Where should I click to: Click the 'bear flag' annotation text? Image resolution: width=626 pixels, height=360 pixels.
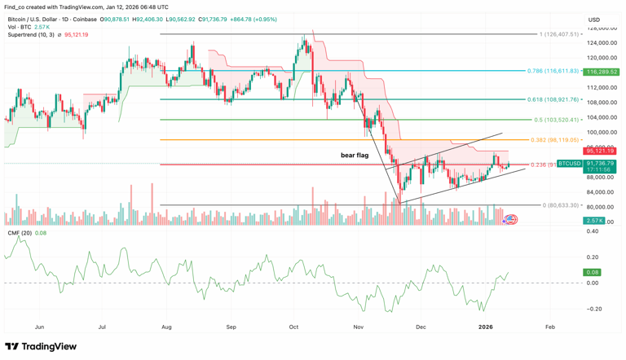355,155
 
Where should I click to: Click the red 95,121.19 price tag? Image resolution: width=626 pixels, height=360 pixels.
600,151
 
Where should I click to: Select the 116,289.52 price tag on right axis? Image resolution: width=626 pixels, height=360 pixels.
602,72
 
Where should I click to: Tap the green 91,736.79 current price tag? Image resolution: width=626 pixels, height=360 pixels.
600,164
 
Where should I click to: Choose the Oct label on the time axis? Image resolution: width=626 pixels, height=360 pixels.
293,327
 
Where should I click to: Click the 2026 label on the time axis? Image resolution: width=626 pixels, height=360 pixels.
486,327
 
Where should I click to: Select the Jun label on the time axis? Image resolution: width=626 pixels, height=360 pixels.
39,327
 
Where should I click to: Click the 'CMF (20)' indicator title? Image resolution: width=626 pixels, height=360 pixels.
20,234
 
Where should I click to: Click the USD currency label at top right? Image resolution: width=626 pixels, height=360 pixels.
594,20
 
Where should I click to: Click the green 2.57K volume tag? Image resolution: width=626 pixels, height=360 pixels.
594,221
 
